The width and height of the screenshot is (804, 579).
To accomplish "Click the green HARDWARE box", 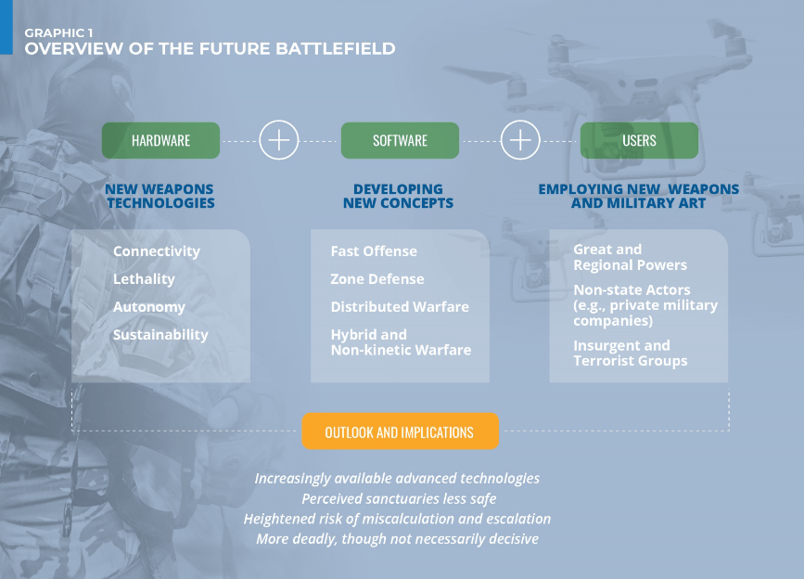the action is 160,140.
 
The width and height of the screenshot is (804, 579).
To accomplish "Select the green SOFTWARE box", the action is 400,140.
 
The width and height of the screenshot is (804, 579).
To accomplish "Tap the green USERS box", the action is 639,140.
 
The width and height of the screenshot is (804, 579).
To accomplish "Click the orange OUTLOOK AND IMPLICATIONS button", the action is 400,431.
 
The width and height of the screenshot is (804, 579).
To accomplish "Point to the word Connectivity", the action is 157,251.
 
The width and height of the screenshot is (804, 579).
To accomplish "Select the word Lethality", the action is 144,279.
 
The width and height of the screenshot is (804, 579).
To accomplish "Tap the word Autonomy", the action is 149,307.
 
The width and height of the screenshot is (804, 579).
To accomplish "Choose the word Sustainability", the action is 160,334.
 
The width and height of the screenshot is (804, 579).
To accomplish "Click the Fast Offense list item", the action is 374,251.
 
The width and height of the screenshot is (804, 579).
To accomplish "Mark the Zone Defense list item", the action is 377,279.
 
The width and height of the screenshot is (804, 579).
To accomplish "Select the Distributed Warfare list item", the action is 400,307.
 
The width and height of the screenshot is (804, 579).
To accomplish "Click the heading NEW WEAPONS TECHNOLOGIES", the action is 160,196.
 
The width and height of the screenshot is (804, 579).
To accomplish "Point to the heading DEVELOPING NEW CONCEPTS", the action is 399,196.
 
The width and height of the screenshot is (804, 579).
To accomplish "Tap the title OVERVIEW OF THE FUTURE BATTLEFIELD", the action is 211,49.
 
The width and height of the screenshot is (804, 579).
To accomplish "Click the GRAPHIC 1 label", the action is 59,32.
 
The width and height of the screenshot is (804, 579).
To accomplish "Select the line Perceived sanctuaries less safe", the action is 399,498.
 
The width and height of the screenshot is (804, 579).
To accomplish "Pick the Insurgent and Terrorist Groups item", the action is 631,354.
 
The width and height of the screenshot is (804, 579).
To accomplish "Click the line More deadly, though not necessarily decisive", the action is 398,538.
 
